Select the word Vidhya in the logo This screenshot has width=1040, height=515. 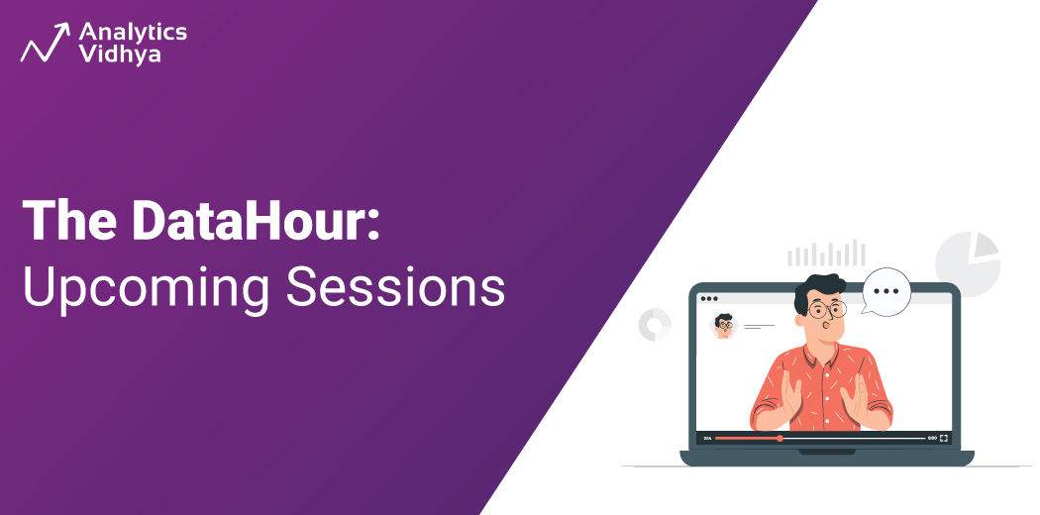coord(122,55)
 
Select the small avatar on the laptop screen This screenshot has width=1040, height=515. coord(724,326)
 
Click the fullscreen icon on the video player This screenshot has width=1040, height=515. coord(944,438)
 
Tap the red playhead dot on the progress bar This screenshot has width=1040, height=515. coord(780,438)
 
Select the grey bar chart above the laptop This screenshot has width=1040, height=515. coord(826,255)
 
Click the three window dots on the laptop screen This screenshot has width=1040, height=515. coord(709,298)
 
